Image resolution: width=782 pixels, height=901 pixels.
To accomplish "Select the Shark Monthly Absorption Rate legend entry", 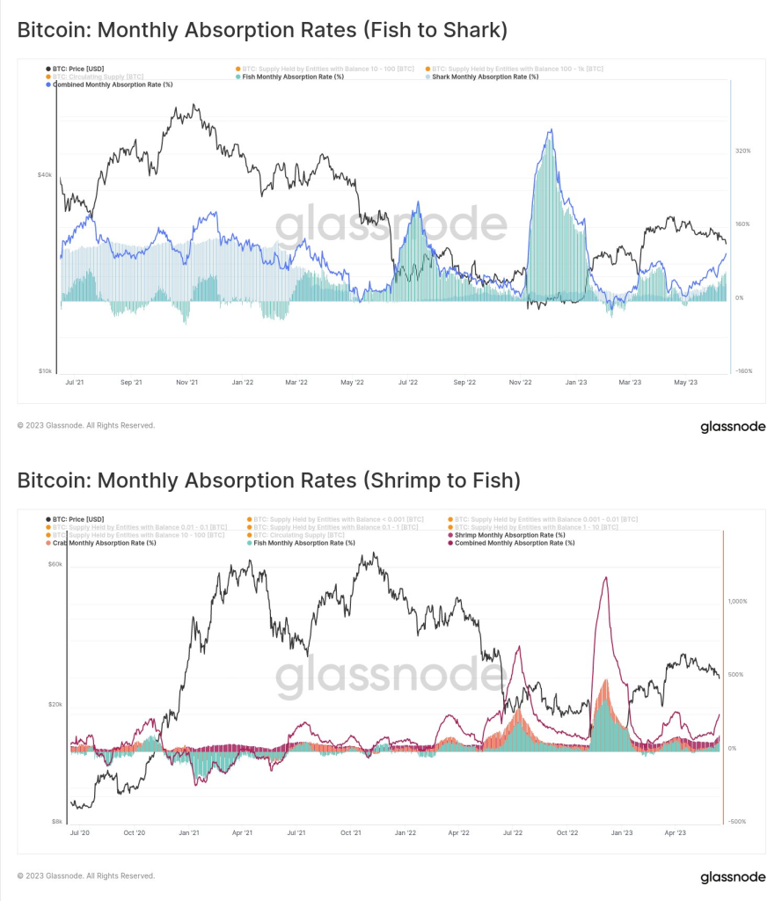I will click(x=485, y=77).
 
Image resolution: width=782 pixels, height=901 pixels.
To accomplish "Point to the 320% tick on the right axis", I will click(x=742, y=150).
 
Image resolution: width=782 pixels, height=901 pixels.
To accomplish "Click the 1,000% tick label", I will click(x=738, y=602).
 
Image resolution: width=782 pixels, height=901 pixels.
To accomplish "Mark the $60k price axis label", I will click(x=55, y=564).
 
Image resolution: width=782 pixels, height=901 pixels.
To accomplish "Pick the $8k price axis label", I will click(x=56, y=821).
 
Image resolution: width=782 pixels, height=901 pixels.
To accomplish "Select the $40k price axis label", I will click(x=45, y=174).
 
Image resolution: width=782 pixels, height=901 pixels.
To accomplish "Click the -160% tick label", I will click(x=743, y=371).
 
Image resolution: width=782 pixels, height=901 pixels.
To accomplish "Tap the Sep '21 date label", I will click(x=131, y=383).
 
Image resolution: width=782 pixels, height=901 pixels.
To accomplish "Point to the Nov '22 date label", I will click(x=521, y=383).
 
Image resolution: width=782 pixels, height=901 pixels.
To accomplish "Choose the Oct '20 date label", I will click(x=135, y=831).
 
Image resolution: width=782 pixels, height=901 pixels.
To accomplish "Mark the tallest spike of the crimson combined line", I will click(x=604, y=577).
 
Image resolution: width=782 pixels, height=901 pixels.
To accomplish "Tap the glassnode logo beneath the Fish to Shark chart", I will click(x=732, y=428).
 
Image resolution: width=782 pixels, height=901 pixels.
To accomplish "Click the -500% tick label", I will click(x=736, y=822).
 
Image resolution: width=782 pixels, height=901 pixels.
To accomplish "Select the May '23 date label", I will click(x=685, y=383).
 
